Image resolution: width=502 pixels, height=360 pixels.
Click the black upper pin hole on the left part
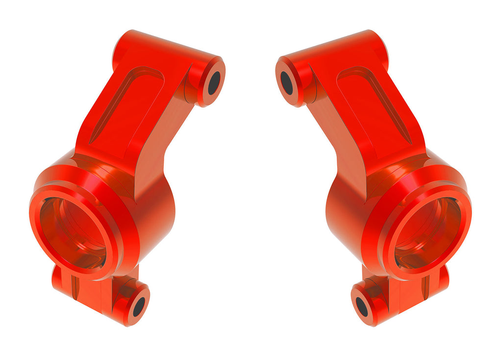click(214, 83)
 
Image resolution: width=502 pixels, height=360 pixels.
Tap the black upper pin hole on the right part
click(287, 83)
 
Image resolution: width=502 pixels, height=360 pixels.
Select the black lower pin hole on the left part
click(139, 307)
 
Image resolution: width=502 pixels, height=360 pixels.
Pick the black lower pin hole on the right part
click(362, 307)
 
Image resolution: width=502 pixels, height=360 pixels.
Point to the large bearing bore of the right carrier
click(428, 232)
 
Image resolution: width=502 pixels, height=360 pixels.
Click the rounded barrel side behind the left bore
click(157, 216)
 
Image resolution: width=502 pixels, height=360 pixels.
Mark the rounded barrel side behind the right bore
click(343, 216)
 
